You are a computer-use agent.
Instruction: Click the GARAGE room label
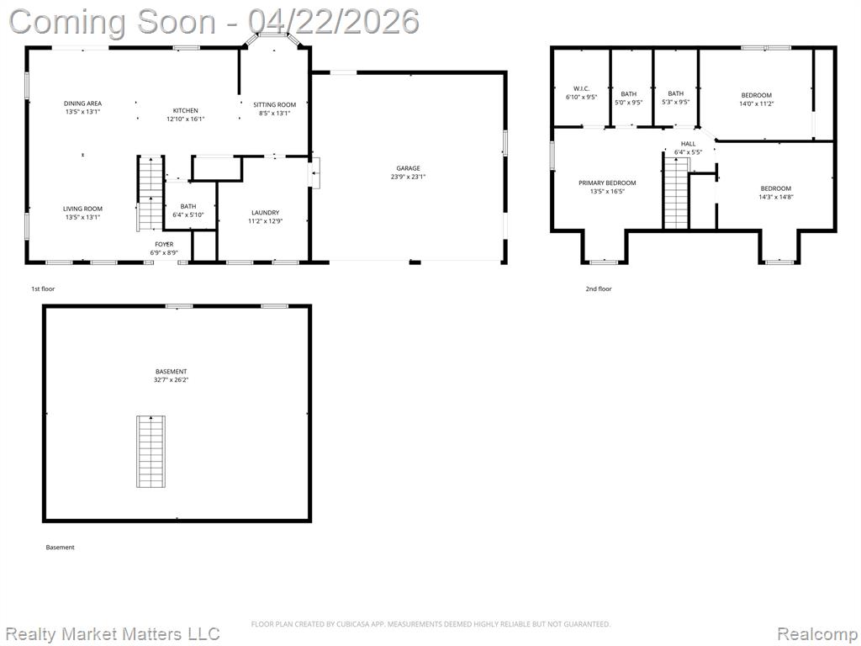point(408,168)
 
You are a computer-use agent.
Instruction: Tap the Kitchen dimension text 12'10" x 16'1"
point(186,119)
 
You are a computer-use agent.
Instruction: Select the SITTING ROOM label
point(275,104)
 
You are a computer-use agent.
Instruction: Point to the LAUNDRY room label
point(265,213)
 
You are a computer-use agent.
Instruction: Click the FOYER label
point(164,245)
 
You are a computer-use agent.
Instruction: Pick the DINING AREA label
point(83,103)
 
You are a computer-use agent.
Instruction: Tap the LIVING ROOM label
point(83,209)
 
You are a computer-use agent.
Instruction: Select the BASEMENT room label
point(171,371)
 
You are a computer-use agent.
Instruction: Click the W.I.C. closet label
point(582,88)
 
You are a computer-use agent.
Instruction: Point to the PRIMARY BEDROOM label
point(607,183)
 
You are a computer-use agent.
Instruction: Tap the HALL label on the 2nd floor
point(688,144)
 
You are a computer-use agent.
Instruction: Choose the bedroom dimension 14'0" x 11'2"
point(757,103)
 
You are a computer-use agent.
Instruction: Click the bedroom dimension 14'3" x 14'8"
point(776,197)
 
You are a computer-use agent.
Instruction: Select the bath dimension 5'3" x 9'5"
point(676,102)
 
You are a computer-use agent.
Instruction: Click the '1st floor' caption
point(43,289)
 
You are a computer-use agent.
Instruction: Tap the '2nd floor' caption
point(599,289)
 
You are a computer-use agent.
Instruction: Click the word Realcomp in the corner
point(817,634)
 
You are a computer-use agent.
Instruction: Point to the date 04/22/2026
point(333,21)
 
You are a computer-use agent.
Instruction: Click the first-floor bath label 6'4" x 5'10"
point(188,214)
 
